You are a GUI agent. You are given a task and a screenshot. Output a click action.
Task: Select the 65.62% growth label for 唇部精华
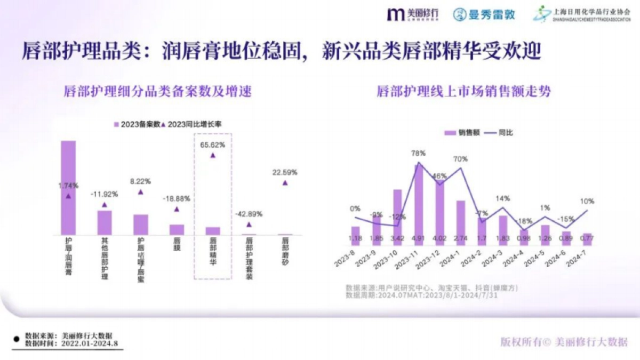pos(212,145)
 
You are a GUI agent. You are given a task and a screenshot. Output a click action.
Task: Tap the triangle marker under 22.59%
pos(285,182)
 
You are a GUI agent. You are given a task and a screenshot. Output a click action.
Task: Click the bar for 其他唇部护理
pos(105,222)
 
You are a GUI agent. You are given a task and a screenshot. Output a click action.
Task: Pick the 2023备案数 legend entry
pos(137,124)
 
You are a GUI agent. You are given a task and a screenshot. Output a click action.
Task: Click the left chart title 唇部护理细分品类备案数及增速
pos(157,92)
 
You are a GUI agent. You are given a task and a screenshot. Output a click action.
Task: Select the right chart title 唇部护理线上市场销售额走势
pos(463,92)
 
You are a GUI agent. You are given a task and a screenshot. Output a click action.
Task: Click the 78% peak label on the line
pos(418,153)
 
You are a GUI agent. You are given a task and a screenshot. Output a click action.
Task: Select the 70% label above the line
pos(460,159)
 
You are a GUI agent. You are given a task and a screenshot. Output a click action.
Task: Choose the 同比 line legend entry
pos(501,133)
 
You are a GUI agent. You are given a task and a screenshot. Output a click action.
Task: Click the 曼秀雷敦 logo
pos(484,14)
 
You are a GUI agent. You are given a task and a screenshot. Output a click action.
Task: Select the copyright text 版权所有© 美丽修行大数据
pos(564,342)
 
